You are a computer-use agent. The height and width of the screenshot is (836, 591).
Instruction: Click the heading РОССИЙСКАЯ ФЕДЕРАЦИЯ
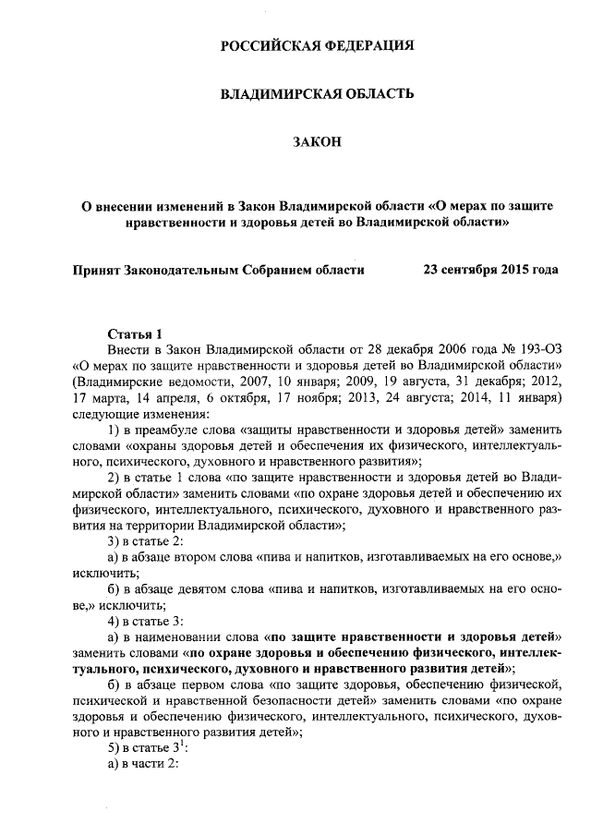(317, 45)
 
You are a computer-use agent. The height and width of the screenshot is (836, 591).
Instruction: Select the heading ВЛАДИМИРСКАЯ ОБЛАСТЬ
(317, 93)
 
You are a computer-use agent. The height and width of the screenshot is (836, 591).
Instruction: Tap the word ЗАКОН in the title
(317, 140)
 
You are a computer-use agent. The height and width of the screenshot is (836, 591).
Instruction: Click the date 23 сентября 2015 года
(489, 271)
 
